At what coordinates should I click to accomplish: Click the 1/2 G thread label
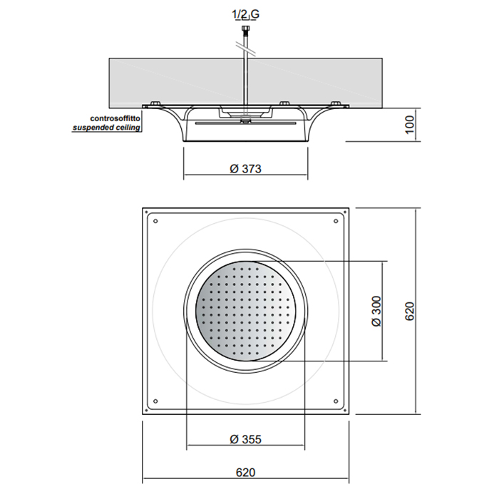246,14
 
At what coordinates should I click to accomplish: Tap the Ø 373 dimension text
245,169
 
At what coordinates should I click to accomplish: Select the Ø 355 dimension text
245,439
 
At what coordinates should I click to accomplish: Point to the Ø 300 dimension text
376,311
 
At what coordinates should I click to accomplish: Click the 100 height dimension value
410,125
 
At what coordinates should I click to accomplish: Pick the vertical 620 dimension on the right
410,311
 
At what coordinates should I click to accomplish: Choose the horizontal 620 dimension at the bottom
245,472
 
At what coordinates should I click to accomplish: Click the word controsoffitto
115,118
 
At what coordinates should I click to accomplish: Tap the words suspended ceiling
106,128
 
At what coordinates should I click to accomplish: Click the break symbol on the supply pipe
245,49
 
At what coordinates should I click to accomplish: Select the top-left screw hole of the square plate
155,221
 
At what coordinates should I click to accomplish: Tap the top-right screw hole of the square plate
336,221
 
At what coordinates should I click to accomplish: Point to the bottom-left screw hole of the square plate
155,401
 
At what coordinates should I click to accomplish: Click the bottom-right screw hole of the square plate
336,401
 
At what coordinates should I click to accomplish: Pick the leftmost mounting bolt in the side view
156,103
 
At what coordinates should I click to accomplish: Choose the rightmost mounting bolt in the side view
336,103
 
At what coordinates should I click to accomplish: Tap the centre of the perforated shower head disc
245,311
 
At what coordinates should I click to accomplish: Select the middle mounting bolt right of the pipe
284,103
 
